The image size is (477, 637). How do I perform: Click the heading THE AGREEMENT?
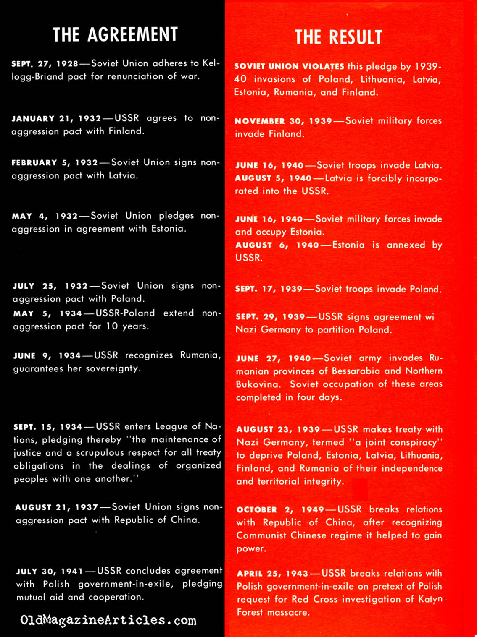[115, 34]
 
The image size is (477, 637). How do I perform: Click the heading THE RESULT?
[338, 37]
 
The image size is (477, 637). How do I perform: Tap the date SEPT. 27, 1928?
[45, 64]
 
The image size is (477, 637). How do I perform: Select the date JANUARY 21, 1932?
[56, 118]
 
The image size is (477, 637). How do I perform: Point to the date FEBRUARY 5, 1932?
[55, 163]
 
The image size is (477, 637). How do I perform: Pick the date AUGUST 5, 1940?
[273, 178]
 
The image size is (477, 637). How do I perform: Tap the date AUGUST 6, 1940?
[277, 245]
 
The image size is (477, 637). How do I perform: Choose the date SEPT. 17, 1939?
[269, 289]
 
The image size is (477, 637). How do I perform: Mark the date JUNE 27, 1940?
[273, 358]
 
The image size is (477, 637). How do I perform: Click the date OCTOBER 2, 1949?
[280, 510]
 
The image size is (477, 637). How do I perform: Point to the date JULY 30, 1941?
[50, 571]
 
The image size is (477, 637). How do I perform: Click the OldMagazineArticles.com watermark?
[108, 620]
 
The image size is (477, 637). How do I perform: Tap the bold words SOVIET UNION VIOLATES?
[289, 66]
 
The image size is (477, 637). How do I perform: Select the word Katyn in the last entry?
[430, 599]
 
